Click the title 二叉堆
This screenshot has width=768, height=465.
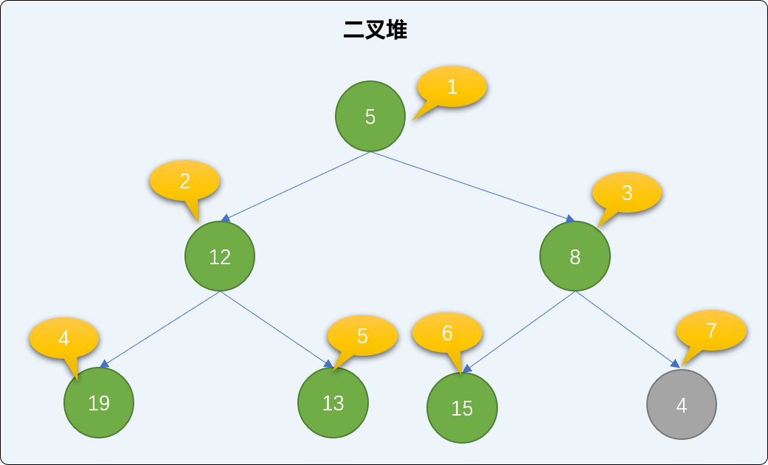click(x=376, y=30)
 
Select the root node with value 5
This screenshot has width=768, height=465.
click(x=370, y=117)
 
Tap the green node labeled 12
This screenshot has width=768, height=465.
click(x=220, y=256)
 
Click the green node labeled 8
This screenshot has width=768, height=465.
click(x=575, y=256)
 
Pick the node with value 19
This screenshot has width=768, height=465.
click(x=98, y=403)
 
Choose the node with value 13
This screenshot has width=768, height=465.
click(x=333, y=403)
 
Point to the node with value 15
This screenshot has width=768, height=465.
click(x=462, y=407)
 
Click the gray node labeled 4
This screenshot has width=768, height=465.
click(x=681, y=404)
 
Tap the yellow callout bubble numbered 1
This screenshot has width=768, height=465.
click(x=452, y=87)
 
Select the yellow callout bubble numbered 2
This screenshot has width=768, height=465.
click(x=184, y=181)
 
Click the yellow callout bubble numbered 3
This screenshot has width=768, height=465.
click(x=627, y=193)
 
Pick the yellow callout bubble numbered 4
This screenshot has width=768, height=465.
click(x=64, y=338)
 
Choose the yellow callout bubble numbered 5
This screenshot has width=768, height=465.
click(x=362, y=336)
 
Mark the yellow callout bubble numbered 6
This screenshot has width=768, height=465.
click(x=447, y=333)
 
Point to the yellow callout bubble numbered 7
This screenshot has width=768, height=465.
click(x=711, y=331)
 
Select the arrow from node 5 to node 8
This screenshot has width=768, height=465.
click(x=473, y=187)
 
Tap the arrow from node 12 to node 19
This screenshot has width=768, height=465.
click(x=159, y=329)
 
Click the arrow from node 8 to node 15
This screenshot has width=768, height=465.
click(x=519, y=331)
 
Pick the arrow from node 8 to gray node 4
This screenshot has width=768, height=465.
click(x=628, y=329)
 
